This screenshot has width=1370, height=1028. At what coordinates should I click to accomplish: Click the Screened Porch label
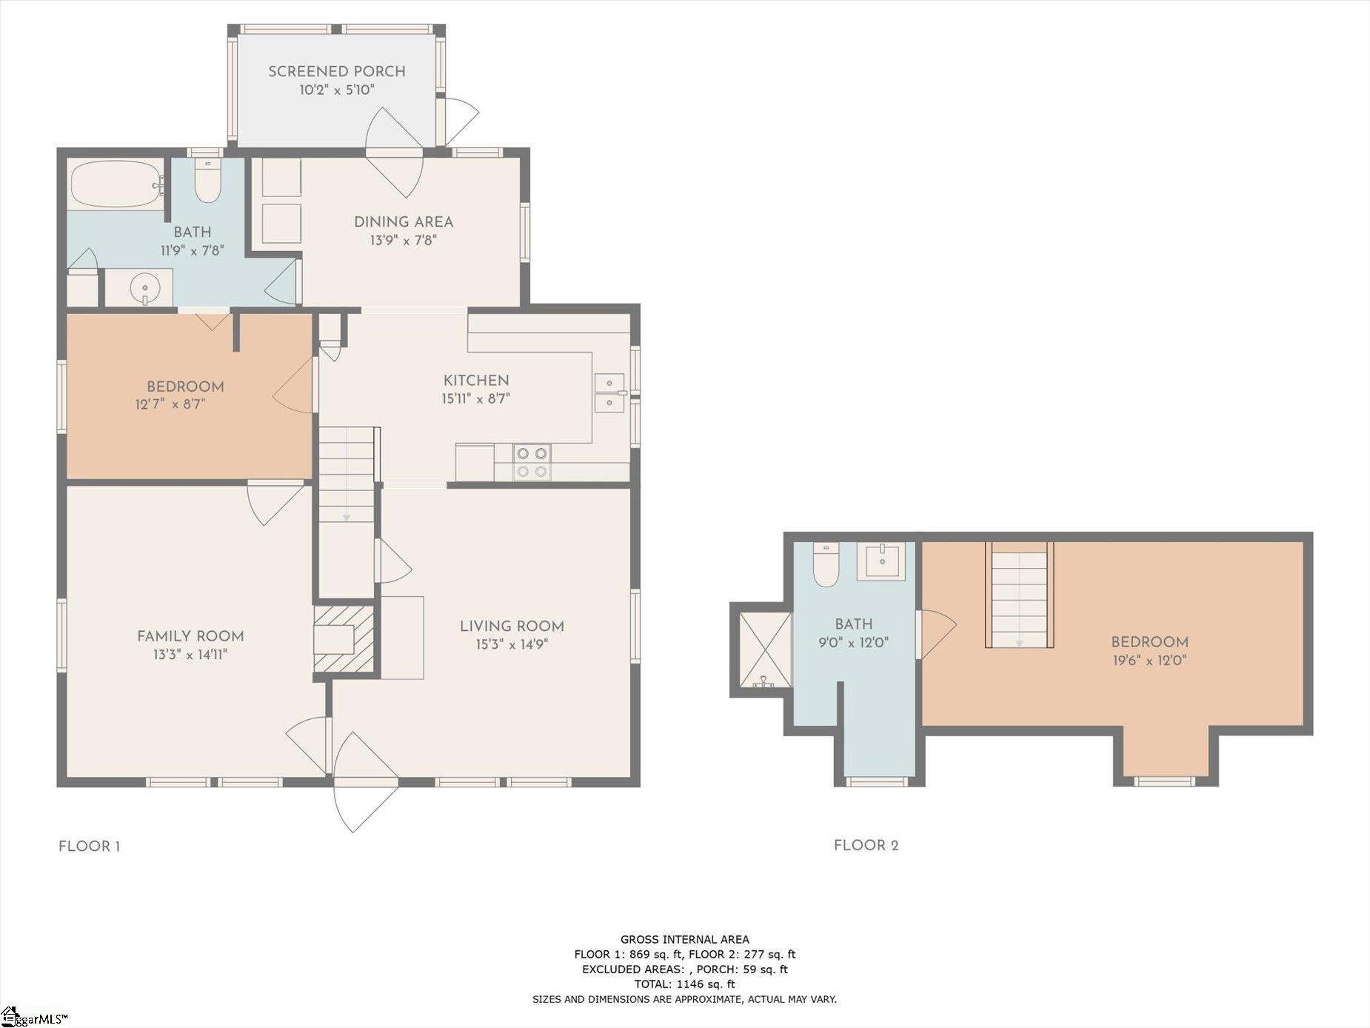[337, 72]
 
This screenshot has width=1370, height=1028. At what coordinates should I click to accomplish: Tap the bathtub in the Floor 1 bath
[117, 184]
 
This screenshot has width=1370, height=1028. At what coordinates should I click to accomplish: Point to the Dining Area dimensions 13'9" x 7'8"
[404, 240]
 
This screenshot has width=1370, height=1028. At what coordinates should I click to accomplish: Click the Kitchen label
[476, 381]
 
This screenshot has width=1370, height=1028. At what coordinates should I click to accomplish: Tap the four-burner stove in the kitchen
[532, 461]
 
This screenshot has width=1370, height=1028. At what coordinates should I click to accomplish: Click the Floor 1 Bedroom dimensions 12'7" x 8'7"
[170, 404]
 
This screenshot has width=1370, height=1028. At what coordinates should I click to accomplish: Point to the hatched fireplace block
[343, 639]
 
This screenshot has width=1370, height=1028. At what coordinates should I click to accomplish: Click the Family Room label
[190, 636]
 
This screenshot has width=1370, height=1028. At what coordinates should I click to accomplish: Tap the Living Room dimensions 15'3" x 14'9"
[512, 645]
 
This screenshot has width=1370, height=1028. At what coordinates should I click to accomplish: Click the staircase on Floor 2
[1020, 595]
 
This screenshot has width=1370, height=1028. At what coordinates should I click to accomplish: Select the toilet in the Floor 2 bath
[826, 564]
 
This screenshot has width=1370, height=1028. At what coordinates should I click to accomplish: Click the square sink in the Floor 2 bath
[881, 562]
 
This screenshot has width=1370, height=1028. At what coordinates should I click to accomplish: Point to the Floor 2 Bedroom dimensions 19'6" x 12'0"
[1150, 661]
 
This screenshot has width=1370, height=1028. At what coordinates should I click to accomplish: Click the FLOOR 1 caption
[90, 847]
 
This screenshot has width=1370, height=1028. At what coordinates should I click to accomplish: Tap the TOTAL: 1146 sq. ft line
[684, 984]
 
